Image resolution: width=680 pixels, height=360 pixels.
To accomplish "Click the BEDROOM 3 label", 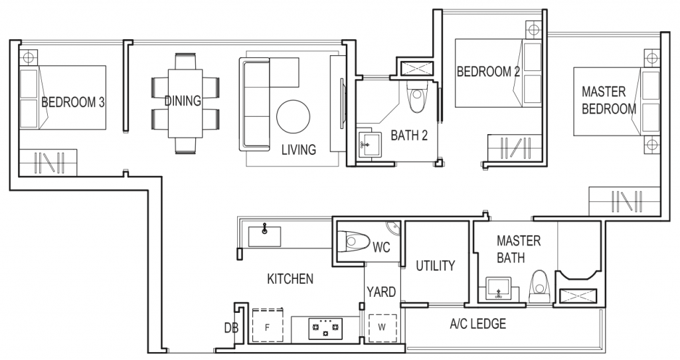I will [73, 102].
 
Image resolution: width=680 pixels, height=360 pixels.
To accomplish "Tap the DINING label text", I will [183, 101].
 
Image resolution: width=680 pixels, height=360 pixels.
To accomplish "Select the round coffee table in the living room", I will [293, 117].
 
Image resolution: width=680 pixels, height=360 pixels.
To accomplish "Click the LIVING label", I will [298, 149].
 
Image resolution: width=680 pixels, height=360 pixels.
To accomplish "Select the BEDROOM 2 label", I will [488, 72].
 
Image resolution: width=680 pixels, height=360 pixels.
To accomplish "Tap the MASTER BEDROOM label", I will [608, 100].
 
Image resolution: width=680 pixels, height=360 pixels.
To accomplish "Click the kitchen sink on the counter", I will [265, 234].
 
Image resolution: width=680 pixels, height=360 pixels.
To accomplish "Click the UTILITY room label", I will [435, 266].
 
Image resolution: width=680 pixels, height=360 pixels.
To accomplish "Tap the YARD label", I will [381, 292].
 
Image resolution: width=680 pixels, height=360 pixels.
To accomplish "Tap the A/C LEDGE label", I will [477, 324].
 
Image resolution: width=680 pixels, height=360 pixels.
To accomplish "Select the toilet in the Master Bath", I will [539, 286].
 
